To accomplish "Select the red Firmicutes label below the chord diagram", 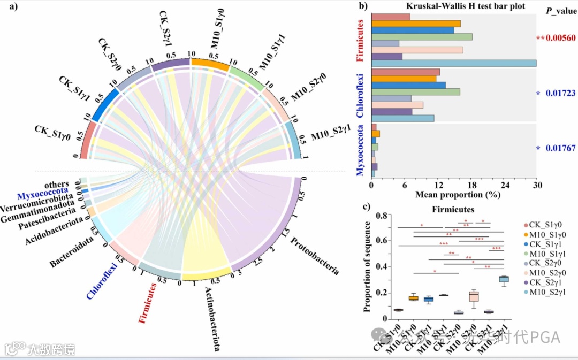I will [x=148, y=303].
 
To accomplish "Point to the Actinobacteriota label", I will [x=212, y=318].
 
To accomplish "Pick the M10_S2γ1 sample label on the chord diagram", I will [x=331, y=136].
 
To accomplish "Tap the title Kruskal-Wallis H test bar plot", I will [x=450, y=6].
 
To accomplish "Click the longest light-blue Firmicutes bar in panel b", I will [x=453, y=64].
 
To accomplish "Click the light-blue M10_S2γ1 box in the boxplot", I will [x=504, y=279].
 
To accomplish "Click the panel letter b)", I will [x=363, y=7].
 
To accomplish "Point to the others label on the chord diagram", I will [x=57, y=185].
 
